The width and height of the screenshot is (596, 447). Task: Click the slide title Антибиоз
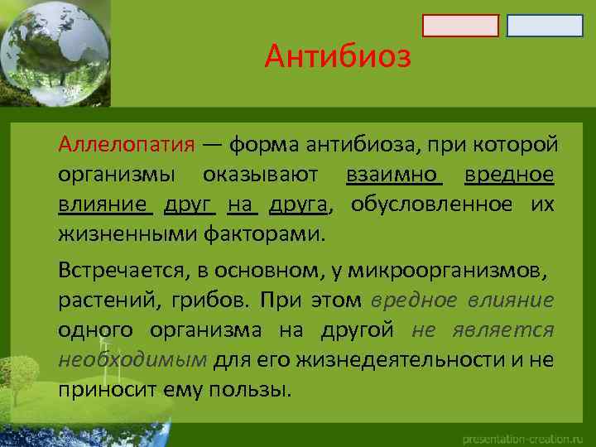[338, 57]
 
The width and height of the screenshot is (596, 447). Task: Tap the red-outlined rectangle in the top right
[460, 26]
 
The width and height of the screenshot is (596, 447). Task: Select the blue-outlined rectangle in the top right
[545, 26]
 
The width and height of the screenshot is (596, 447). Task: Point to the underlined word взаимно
[393, 175]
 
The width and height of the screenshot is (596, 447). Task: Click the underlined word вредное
[508, 175]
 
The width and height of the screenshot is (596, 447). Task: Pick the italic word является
[506, 330]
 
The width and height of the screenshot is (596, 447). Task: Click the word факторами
[265, 234]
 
